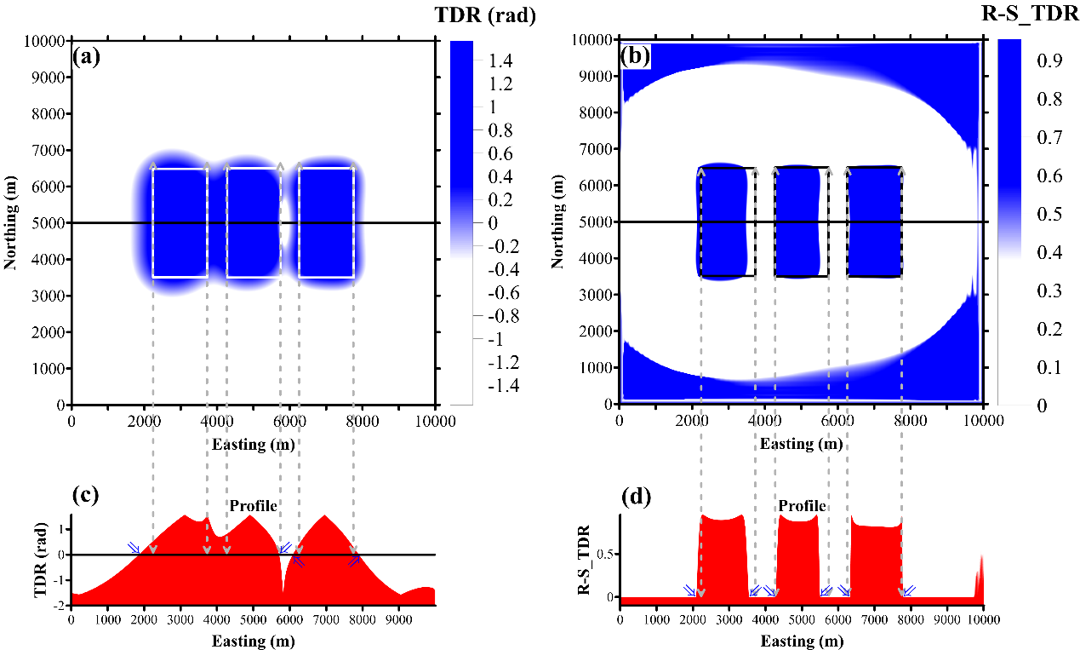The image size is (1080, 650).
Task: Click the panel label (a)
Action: pyautogui.click(x=89, y=56)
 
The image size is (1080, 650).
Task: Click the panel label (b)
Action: pyautogui.click(x=636, y=56)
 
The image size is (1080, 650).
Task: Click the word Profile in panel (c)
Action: pyautogui.click(x=253, y=506)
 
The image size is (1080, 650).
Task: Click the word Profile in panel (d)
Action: pyautogui.click(x=801, y=506)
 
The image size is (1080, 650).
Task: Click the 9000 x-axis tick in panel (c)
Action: pyautogui.click(x=398, y=618)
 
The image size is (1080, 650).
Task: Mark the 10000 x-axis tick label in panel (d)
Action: pyautogui.click(x=984, y=618)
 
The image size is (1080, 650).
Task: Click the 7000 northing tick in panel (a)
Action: pyautogui.click(x=49, y=151)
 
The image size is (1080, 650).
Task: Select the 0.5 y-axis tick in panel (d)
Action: pyautogui.click(x=606, y=555)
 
